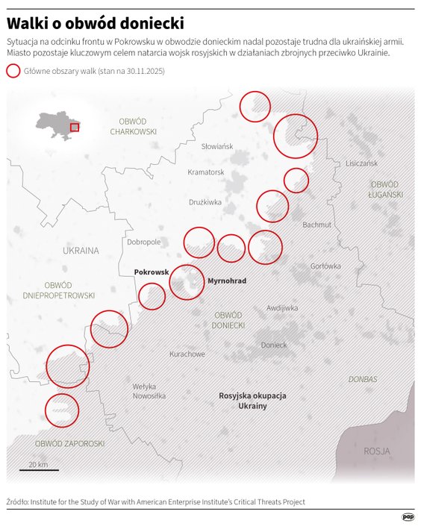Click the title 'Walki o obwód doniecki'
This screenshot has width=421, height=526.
pos(96,23)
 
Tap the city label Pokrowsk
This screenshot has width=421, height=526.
pos(152,272)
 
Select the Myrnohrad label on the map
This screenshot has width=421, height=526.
pos(226,281)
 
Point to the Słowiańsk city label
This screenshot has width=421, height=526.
pos(217,146)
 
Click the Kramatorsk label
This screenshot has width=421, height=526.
pos(206,172)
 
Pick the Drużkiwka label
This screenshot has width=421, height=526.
pos(205,201)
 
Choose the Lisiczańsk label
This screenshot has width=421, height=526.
pos(361,163)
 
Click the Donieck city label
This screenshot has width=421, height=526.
pos(274,345)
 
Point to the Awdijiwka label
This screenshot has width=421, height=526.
pos(282,307)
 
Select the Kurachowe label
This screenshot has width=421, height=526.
pos(187,354)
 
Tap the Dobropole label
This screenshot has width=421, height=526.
pos(144,242)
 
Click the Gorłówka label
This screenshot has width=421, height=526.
pos(325,266)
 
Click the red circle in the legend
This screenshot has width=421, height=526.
pos(13,71)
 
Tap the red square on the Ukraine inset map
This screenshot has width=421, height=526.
pos(74,127)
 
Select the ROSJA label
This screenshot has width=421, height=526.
pos(377,451)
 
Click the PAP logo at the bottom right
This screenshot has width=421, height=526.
pos(408,516)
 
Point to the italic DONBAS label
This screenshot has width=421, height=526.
pos(363,379)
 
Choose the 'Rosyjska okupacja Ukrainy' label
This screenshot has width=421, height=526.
pos(252,400)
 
